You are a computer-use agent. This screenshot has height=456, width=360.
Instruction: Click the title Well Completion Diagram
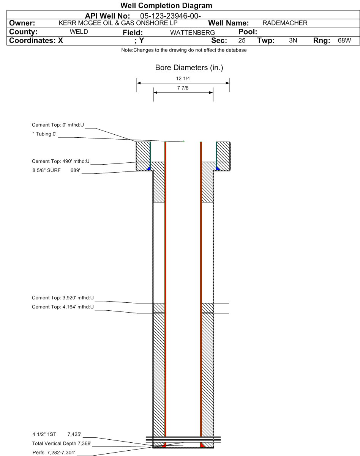[x=166, y=6]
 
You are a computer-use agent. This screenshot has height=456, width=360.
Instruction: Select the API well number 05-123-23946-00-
[x=170, y=17]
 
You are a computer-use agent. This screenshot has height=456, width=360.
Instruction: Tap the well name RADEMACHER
[x=285, y=24]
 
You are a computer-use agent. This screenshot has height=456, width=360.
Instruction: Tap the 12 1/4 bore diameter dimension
[x=183, y=79]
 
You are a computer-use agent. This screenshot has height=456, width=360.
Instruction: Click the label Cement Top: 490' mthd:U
[x=61, y=162]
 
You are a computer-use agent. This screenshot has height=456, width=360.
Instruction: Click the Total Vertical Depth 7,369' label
[x=62, y=443]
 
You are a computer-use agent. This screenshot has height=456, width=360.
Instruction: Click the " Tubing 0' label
[x=44, y=134]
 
